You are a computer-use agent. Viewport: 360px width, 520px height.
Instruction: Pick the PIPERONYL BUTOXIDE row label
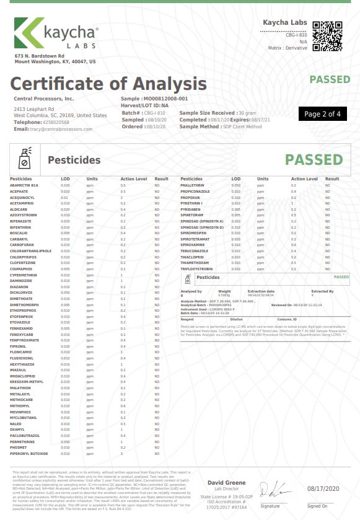tap(29, 454)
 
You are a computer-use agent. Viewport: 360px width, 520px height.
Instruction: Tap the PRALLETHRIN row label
tap(192, 185)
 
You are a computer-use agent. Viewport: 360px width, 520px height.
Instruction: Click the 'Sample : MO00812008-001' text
tap(154, 99)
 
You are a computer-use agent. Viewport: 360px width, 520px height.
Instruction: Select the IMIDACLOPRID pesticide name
tap(24, 376)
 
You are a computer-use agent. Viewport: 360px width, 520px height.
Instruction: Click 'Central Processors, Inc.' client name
tap(43, 99)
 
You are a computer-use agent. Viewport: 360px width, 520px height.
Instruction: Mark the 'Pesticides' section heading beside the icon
tap(74, 161)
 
